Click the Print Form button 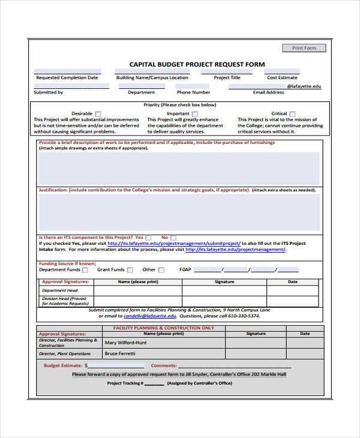tap(304, 48)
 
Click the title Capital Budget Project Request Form tap(197, 64)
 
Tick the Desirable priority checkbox tap(98, 113)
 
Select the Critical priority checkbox tap(293, 113)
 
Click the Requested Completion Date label tap(67, 77)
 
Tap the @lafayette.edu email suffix tap(304, 86)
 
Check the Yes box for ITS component tap(148, 237)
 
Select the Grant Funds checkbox tap(130, 270)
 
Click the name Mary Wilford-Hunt tap(125, 343)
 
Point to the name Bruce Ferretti tap(120, 353)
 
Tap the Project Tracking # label tap(125, 382)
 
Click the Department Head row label tap(59, 290)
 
